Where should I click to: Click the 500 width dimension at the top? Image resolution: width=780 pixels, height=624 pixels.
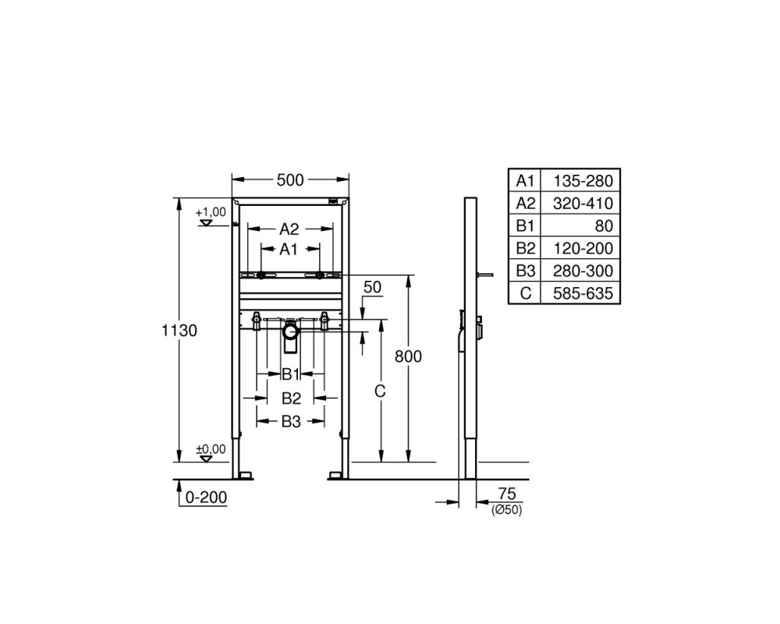290,179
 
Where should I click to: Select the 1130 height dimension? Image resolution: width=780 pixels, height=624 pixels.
179,331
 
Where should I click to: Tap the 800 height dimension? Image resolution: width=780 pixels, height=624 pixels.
408,356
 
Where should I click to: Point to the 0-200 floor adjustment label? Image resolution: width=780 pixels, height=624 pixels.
206,497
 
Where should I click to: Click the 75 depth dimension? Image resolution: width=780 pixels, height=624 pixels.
507,494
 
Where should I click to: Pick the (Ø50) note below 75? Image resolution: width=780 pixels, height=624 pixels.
507,510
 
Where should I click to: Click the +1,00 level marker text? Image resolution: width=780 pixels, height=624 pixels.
211,212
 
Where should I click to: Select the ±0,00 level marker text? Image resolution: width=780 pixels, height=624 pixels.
211,448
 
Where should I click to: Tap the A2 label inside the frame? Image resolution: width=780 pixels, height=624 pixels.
289,229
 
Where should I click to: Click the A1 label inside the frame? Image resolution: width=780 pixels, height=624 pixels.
288,249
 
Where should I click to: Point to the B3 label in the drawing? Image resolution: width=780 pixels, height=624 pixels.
291,421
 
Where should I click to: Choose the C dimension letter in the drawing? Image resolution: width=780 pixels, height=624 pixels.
380,392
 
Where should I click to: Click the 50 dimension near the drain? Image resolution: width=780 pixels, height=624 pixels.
372,287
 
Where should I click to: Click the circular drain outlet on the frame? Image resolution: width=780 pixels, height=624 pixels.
290,331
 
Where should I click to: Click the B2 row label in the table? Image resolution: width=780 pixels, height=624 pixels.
525,248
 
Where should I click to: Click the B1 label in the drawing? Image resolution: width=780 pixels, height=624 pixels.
290,374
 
